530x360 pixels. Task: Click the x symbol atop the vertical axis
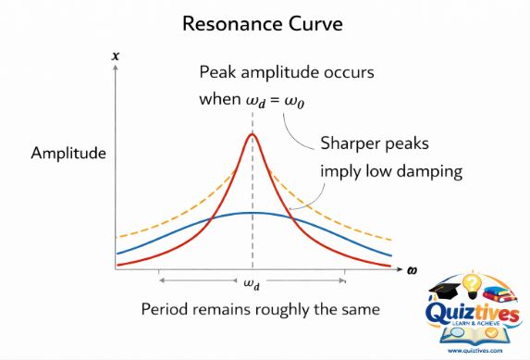click(x=116, y=57)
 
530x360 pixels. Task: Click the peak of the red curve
click(x=252, y=134)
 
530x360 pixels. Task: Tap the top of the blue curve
click(x=252, y=213)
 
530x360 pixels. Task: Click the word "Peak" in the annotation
click(x=217, y=73)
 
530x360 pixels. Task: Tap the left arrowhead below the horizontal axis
click(x=161, y=279)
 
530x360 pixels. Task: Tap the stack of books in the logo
click(x=504, y=294)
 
